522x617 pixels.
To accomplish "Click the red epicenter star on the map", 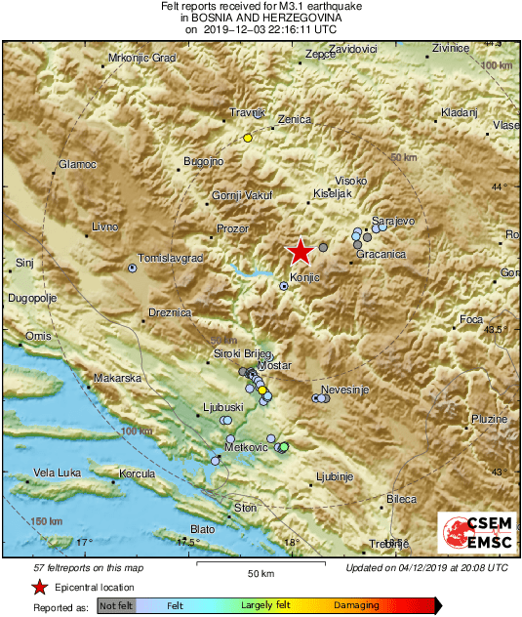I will tap(301, 252).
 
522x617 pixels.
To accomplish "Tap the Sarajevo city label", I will tap(393, 222).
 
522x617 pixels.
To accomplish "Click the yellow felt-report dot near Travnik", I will tap(248, 138).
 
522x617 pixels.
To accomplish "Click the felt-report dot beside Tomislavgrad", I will tap(133, 267).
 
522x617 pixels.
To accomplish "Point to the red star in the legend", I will tap(39, 588).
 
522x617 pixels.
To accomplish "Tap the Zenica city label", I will tap(294, 119).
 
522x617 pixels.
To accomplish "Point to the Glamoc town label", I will tap(78, 164).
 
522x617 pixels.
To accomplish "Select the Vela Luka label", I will tap(57, 473).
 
